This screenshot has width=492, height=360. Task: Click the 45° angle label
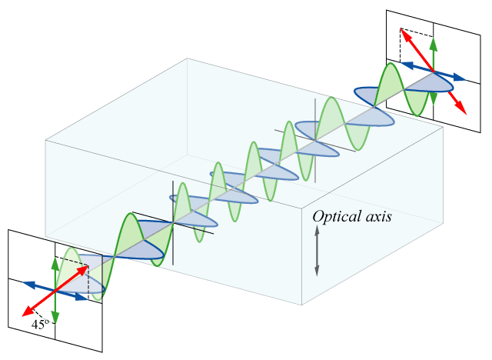point(40,325)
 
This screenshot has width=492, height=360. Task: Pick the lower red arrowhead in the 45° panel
point(27,312)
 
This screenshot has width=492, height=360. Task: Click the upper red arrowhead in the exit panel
point(402,33)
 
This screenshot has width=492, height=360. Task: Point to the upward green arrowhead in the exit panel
point(434,42)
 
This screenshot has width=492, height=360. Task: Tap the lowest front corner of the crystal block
point(301,305)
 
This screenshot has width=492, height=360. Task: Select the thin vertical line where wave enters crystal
point(174,222)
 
